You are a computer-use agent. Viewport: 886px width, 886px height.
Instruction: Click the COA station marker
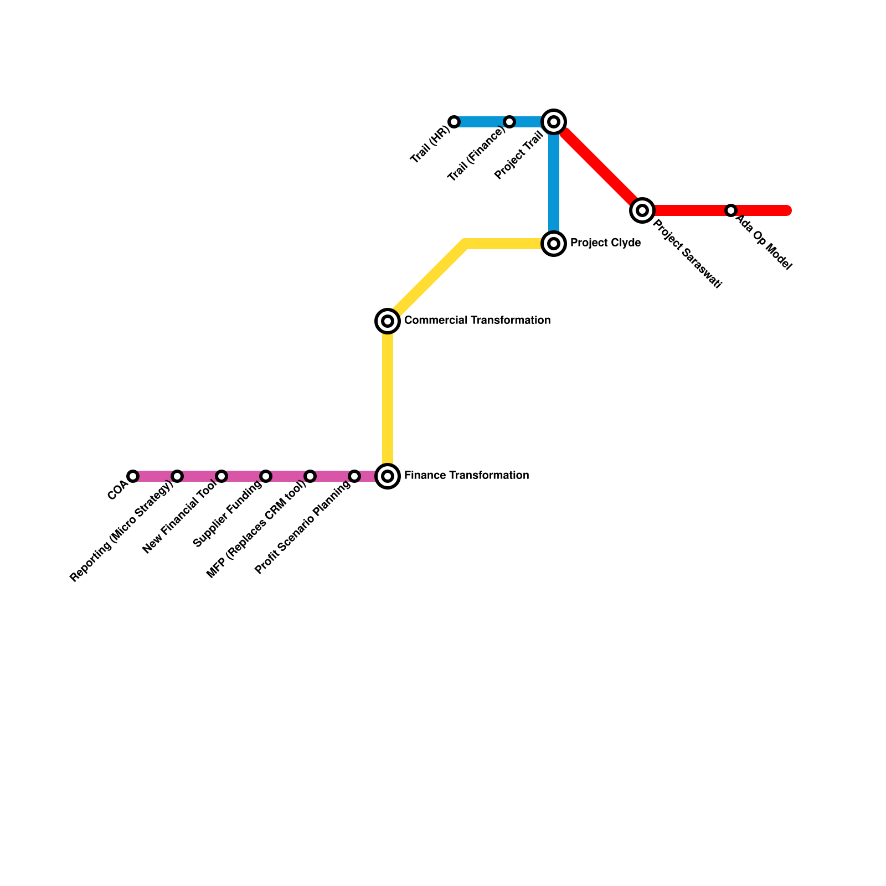(133, 476)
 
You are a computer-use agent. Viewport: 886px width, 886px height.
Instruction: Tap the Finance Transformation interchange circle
(388, 476)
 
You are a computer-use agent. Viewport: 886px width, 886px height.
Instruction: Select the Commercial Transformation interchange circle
(388, 321)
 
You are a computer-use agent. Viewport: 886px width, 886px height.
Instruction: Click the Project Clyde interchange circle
(554, 244)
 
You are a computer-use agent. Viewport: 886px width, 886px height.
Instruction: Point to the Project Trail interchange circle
(554, 122)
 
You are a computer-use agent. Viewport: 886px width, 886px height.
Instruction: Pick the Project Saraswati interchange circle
(642, 210)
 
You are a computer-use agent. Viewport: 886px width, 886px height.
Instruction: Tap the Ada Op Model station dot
(731, 210)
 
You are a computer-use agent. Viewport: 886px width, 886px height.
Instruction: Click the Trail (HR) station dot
(454, 122)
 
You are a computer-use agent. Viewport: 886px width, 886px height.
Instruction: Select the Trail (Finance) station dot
(509, 122)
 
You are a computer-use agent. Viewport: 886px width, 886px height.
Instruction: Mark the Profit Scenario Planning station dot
(354, 476)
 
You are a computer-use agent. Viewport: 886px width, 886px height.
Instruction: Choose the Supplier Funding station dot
(266, 476)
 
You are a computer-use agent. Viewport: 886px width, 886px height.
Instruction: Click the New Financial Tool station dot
(221, 476)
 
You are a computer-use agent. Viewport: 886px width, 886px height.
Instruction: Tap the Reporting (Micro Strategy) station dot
(177, 476)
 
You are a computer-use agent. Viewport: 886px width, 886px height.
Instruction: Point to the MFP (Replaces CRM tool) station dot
(310, 476)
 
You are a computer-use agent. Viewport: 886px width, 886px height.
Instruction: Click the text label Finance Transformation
(466, 476)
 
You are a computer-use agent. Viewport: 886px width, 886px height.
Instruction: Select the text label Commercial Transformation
(477, 321)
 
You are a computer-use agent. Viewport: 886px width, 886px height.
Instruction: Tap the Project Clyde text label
(605, 243)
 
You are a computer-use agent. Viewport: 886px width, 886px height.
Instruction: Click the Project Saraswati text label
(687, 254)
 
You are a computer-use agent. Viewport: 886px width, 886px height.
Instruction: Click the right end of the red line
(787, 210)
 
